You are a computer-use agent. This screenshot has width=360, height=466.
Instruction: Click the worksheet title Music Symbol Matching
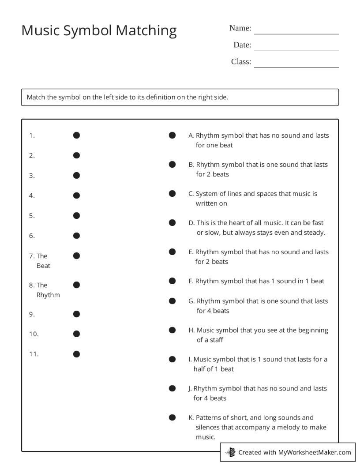tap(99, 30)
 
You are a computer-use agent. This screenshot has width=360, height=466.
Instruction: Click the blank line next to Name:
tap(296, 30)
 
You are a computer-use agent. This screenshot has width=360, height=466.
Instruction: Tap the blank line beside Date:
tap(296, 47)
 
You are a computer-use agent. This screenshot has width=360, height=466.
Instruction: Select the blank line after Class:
tap(296, 64)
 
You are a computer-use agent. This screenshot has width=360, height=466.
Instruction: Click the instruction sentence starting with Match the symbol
tap(127, 97)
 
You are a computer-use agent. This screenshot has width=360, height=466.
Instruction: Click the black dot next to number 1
tap(76, 135)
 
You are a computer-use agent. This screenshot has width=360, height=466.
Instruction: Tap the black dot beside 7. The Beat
tap(76, 256)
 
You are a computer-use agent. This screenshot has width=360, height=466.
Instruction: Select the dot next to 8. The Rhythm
tap(76, 285)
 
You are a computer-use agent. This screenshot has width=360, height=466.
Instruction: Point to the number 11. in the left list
tap(34, 354)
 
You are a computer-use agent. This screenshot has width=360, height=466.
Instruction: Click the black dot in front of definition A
tap(172, 135)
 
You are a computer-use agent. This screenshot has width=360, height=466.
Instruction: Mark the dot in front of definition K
tap(172, 417)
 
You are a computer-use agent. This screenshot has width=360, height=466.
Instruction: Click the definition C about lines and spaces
tap(256, 199)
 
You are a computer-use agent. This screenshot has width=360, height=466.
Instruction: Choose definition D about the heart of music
tap(260, 228)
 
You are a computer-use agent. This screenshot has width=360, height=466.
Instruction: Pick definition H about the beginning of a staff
tap(262, 335)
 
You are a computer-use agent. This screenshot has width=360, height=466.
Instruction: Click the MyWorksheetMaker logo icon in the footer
tap(230, 452)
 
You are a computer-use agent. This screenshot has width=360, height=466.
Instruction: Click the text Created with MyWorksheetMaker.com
tap(294, 452)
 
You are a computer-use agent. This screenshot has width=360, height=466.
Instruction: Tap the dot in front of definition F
tap(172, 281)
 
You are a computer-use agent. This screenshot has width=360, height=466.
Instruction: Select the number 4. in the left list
tap(32, 195)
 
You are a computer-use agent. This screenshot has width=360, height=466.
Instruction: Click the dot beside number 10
tap(76, 334)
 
